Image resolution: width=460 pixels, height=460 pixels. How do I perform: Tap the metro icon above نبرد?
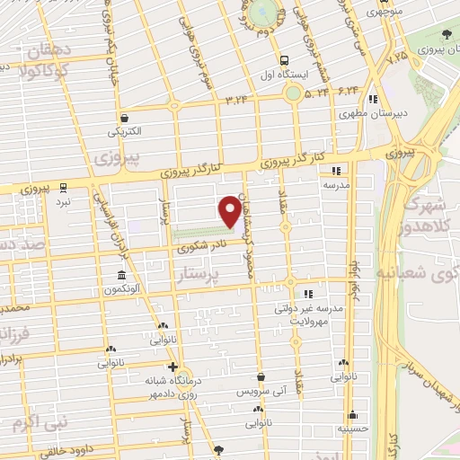[x=63, y=187]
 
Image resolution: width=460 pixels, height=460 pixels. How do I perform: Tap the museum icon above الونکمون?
[x=120, y=275]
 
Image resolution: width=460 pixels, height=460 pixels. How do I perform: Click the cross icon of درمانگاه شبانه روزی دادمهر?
[x=172, y=367]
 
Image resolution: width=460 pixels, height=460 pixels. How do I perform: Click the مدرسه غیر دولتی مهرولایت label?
[x=311, y=313]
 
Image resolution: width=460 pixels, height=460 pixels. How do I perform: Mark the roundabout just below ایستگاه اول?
[x=293, y=93]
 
